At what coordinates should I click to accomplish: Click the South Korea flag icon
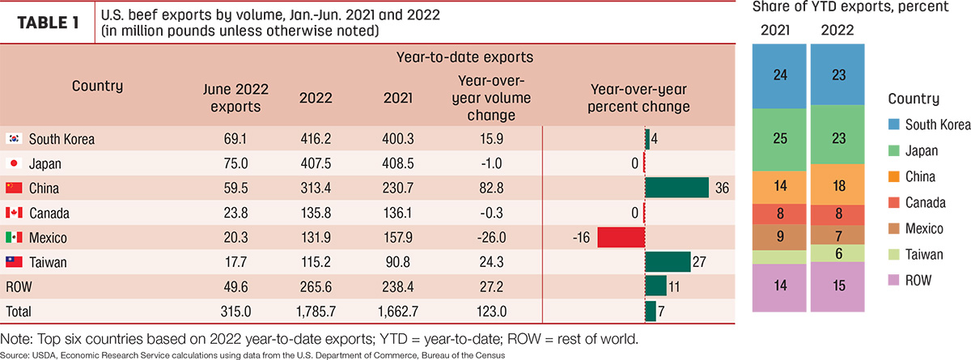point(14,138)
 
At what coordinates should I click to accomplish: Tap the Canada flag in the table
point(14,212)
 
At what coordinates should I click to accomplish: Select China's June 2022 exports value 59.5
point(235,188)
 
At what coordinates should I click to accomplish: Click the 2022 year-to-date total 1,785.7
point(316,311)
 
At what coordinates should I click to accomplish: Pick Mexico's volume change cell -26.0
point(491,237)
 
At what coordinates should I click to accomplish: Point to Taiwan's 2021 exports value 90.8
point(397,262)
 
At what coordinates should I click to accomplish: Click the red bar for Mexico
point(621,237)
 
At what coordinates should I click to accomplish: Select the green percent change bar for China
point(677,188)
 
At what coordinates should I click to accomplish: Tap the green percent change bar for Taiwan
point(668,261)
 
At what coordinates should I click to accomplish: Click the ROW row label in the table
point(19,287)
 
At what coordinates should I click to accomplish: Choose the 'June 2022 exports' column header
point(235,98)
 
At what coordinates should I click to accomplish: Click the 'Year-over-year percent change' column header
point(638,98)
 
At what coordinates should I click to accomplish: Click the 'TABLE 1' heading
point(48,23)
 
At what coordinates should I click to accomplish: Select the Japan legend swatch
point(894,150)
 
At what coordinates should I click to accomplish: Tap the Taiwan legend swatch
point(894,254)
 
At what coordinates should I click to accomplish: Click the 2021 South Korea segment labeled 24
point(779,76)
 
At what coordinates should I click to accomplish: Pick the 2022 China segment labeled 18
point(837,185)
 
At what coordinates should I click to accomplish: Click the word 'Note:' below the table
point(16,339)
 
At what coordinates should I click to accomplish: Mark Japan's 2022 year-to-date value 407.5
point(316,163)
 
